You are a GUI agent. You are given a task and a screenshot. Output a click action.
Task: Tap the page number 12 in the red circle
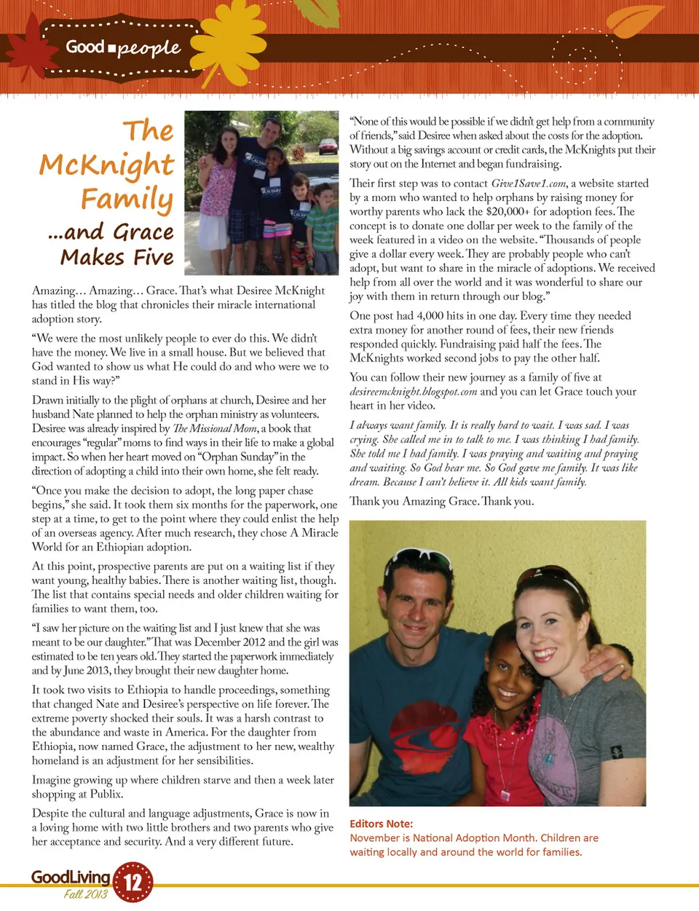tap(133, 883)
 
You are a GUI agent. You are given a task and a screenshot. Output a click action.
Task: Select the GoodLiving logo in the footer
tap(71, 877)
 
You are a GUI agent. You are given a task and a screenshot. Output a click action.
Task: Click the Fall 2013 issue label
tap(85, 894)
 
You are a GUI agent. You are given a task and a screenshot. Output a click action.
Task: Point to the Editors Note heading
tap(381, 824)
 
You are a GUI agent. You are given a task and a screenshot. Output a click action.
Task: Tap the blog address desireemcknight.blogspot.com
tap(413, 392)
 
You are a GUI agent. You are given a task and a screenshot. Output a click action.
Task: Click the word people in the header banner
tap(149, 48)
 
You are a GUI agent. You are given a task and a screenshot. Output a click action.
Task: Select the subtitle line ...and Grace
tap(111, 232)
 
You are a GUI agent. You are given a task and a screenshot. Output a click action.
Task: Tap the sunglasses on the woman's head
tap(553, 577)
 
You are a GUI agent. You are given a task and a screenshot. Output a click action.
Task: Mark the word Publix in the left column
tap(108, 794)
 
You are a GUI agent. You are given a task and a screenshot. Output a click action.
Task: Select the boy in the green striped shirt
tap(322, 226)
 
